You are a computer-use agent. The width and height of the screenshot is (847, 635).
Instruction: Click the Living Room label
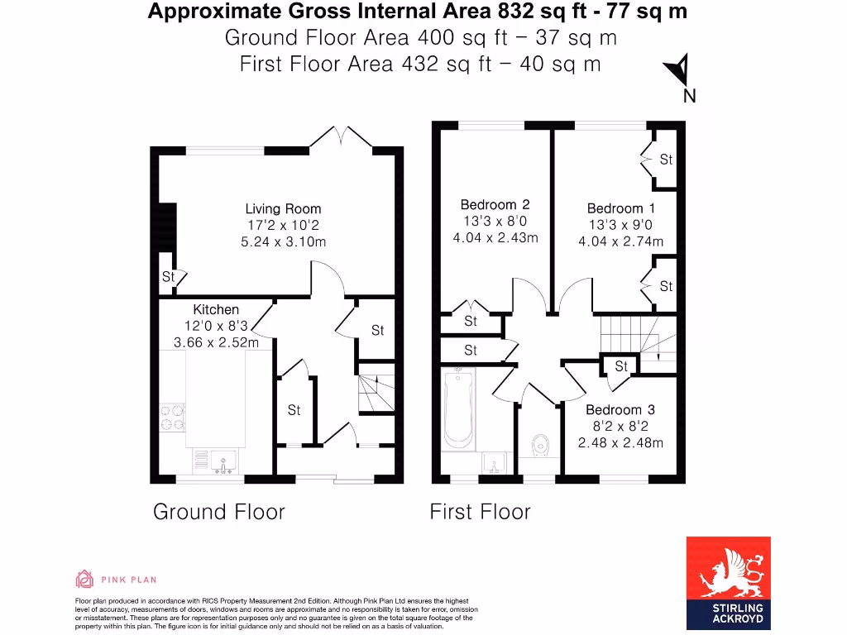(x=283, y=208)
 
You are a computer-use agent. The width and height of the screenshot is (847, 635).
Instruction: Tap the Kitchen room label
(x=216, y=309)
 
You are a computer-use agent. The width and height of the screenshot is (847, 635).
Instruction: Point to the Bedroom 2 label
(x=495, y=204)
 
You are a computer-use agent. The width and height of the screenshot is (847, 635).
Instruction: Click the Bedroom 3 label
(x=620, y=410)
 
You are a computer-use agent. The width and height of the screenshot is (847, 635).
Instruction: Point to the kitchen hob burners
(x=172, y=417)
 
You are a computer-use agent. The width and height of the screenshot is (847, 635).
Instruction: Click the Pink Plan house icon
(x=84, y=579)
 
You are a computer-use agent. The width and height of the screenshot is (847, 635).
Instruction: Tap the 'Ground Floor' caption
(x=218, y=513)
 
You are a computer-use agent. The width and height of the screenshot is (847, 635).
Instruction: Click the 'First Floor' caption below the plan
(x=480, y=513)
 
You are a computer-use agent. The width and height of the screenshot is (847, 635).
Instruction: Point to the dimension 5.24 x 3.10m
(x=283, y=241)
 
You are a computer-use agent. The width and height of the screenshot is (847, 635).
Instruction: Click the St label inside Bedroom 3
(x=621, y=366)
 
